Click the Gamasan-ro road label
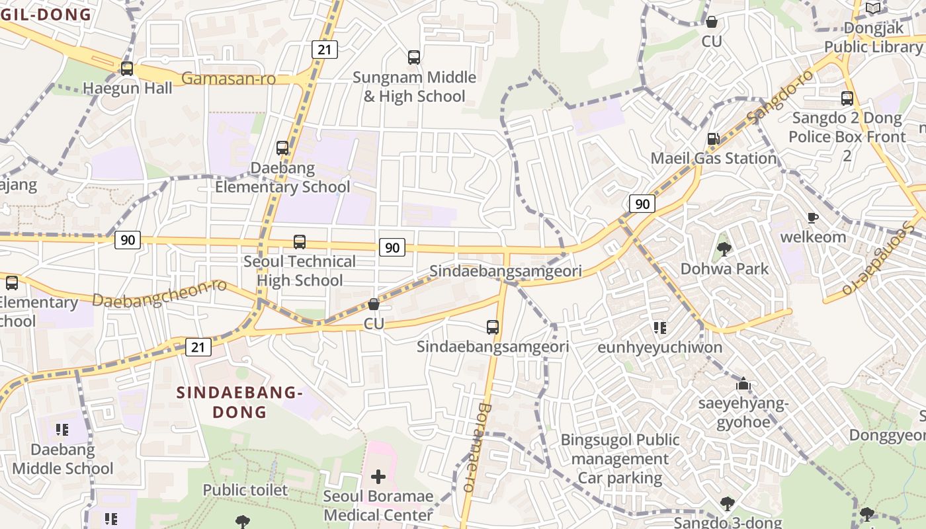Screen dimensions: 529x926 [237, 79]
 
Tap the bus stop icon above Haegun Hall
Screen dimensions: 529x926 [127, 68]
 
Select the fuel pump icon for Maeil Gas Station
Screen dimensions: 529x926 [713, 139]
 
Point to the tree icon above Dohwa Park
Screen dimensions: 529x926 [724, 249]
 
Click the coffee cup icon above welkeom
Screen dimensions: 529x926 [813, 218]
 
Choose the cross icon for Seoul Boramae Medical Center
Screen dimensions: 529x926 [378, 477]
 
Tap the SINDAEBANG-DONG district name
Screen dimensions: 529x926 [239, 402]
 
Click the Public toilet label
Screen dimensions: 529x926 [245, 490]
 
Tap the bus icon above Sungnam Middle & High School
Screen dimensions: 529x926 [414, 58]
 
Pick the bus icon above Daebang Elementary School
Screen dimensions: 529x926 [282, 148]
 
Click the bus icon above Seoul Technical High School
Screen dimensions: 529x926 [300, 242]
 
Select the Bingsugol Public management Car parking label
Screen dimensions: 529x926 [620, 459]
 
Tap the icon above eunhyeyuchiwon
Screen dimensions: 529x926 [659, 328]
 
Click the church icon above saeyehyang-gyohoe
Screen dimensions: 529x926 [743, 384]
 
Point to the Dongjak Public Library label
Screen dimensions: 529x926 [873, 37]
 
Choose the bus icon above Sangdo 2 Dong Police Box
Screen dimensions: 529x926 [847, 99]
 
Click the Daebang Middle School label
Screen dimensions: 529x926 [63, 459]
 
